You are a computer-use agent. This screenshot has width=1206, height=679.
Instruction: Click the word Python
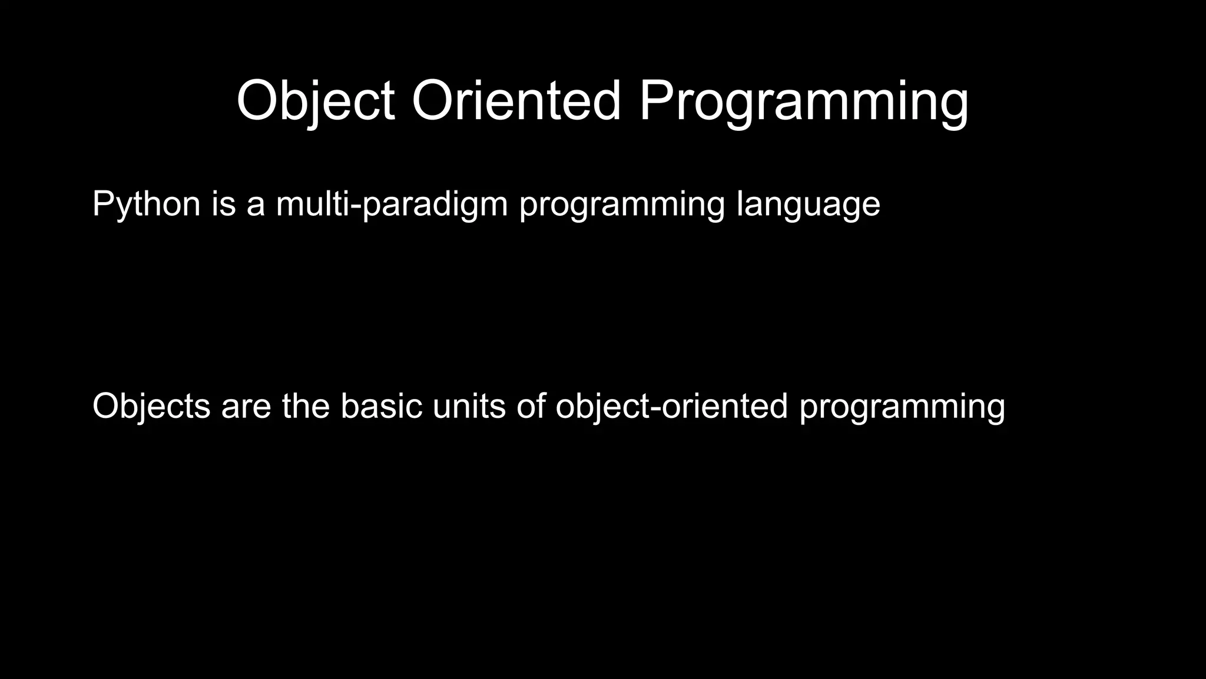[146, 204]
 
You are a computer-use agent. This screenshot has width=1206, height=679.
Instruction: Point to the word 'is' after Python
[224, 204]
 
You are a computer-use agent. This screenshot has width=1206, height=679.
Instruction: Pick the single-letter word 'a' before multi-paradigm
[256, 204]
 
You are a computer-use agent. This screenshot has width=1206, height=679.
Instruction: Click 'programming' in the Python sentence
[622, 204]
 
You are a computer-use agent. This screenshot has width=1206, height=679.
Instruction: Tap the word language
[808, 204]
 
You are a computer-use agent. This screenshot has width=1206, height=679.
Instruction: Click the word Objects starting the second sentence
[151, 407]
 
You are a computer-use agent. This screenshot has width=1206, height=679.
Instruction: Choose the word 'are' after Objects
[246, 407]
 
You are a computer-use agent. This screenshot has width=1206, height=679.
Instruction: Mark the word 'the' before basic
[306, 407]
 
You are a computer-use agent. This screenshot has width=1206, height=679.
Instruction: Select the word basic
[381, 407]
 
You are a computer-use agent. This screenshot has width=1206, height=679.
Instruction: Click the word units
[469, 407]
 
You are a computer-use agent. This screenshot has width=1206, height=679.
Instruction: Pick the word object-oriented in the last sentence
[671, 407]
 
